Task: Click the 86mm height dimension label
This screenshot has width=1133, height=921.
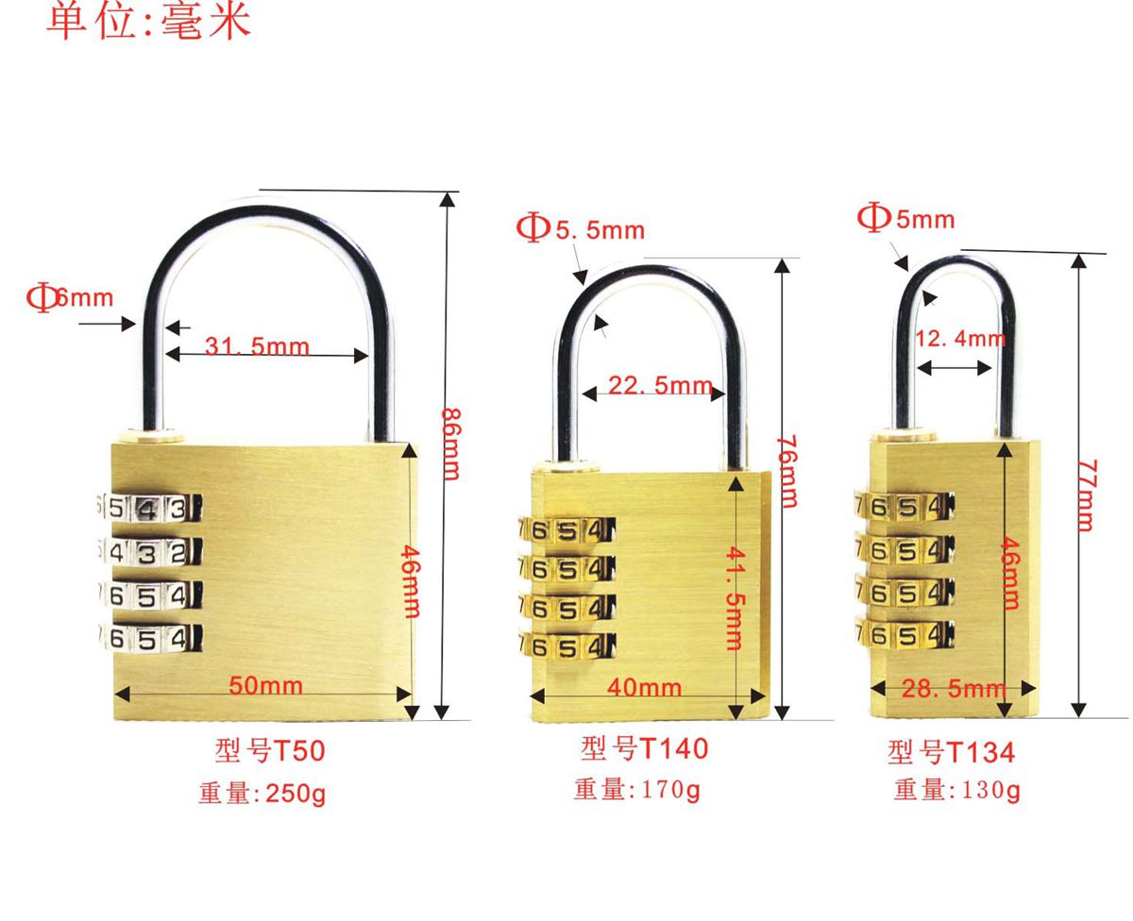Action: (x=451, y=443)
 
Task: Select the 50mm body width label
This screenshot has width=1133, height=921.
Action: (x=266, y=686)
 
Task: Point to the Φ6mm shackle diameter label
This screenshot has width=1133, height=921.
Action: (x=70, y=299)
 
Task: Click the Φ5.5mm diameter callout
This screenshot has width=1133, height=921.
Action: (x=581, y=228)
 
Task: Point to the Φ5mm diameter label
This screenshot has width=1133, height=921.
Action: (x=905, y=219)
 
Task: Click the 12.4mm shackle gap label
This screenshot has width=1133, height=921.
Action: (x=960, y=338)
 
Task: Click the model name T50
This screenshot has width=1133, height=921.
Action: (x=270, y=751)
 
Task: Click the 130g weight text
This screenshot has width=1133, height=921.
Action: (x=957, y=790)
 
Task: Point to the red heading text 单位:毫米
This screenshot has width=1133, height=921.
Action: (x=148, y=21)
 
